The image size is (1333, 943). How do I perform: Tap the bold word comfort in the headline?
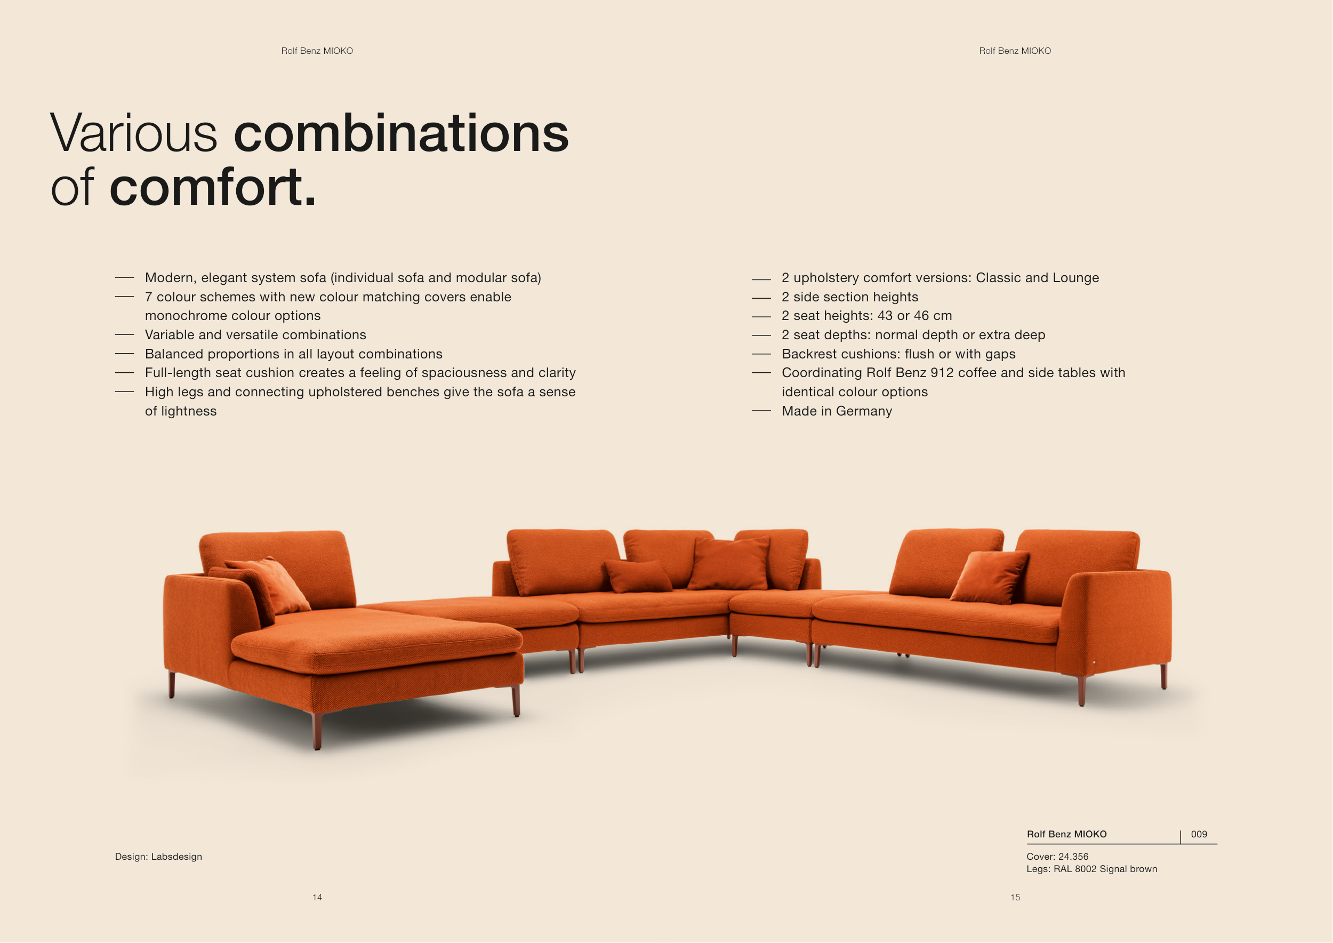213,187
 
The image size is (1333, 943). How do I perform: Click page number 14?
317,897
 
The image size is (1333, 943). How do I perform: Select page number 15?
1015,897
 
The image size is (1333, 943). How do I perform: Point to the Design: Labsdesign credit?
158,857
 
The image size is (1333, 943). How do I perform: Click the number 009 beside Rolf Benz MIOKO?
1199,834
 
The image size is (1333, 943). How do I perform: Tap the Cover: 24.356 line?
1057,857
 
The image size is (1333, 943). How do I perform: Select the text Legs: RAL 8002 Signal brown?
1091,869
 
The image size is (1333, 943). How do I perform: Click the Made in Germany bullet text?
837,411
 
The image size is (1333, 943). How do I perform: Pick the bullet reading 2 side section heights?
850,297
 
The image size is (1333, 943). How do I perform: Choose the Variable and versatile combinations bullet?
255,335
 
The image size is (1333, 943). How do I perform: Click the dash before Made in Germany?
761,411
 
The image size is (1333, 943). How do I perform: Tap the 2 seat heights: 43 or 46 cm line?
867,316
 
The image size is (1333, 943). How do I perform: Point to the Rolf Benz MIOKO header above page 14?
317,51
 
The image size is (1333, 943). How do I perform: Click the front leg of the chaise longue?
317,731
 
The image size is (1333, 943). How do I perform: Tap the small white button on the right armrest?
1094,662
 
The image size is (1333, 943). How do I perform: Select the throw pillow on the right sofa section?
989,577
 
